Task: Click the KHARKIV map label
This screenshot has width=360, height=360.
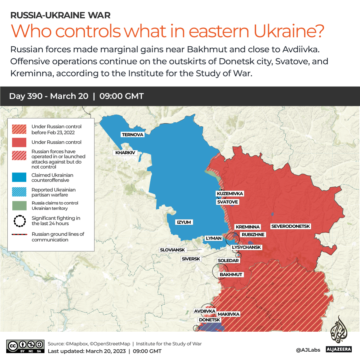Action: click(x=125, y=153)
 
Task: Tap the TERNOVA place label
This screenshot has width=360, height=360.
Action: click(x=133, y=135)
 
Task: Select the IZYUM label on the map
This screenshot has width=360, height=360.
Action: click(x=184, y=222)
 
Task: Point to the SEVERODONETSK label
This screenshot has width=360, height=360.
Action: click(x=291, y=226)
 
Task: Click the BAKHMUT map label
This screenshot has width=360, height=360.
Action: click(x=231, y=275)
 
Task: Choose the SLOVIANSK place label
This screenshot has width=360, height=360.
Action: click(x=172, y=250)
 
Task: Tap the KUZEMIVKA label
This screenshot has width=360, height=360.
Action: click(x=230, y=193)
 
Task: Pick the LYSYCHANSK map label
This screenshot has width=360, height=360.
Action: click(x=246, y=247)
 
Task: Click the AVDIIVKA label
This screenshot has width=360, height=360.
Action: click(x=204, y=311)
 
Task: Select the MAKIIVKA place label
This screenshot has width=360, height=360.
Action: click(x=228, y=314)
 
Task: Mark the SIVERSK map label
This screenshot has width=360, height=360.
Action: click(x=191, y=259)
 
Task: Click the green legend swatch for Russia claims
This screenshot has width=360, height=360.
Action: click(x=19, y=206)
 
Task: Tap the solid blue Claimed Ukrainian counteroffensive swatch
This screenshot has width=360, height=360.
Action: click(x=19, y=178)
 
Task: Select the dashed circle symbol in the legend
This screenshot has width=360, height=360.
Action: click(x=19, y=221)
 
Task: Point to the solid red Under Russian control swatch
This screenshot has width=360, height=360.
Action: click(x=19, y=142)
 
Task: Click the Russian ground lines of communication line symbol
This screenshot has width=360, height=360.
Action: click(x=19, y=235)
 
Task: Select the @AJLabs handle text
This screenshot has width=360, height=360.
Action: click(x=308, y=350)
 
